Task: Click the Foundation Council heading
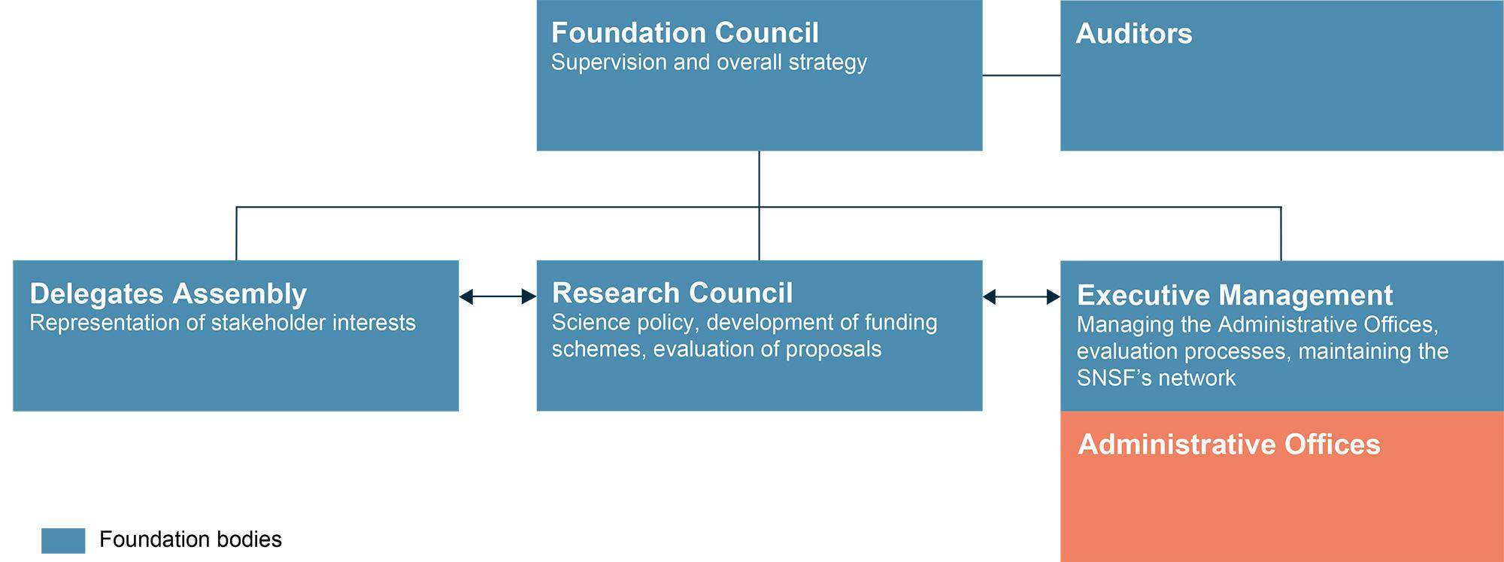684,33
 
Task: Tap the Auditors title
1134,34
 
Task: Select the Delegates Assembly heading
168,294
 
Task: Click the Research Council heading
672,293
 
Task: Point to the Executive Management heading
1235,295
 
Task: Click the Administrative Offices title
1229,445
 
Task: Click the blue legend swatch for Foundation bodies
63,540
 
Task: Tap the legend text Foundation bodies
190,539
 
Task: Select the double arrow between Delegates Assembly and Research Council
498,297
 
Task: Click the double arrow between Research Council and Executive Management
1021,297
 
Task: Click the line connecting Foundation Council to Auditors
1021,75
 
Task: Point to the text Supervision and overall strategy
709,62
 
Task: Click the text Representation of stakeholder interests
223,323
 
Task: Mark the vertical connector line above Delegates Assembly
236,234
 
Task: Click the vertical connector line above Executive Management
1281,234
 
